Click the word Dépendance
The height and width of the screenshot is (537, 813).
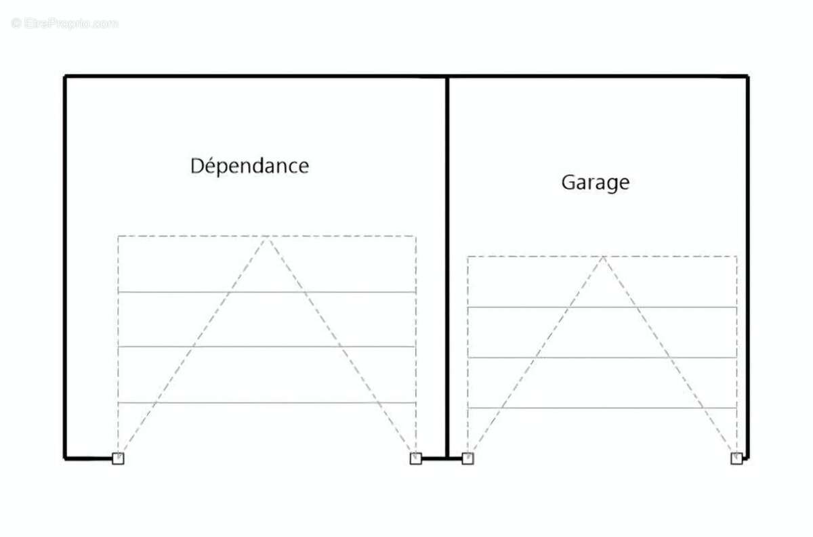coord(250,166)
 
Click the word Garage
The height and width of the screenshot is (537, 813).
coord(596,183)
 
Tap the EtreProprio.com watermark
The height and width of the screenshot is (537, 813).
coord(64,24)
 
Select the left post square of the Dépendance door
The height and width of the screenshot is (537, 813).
coord(118,458)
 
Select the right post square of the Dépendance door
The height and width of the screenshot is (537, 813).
coord(416,458)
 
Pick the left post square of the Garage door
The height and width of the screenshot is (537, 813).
coord(468,458)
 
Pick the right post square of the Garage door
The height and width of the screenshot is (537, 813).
coord(736,458)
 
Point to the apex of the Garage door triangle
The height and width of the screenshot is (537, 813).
coord(603,257)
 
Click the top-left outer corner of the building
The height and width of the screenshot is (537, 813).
coord(64,77)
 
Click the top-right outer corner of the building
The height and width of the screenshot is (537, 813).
coord(748,77)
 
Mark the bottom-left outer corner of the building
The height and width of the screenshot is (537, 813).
coord(64,459)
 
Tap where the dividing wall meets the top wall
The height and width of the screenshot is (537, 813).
coord(447,77)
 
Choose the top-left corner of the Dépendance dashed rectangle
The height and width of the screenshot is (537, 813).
coord(118,236)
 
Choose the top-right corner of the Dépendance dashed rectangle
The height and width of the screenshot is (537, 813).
coord(416,236)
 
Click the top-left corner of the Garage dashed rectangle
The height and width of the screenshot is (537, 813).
coord(468,257)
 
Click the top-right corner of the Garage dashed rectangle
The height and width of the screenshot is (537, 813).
coord(737,257)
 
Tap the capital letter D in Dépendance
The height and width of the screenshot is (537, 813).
coord(197,166)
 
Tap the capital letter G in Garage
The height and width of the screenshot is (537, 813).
coord(568,183)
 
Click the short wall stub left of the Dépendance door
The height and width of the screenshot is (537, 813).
coord(89,459)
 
